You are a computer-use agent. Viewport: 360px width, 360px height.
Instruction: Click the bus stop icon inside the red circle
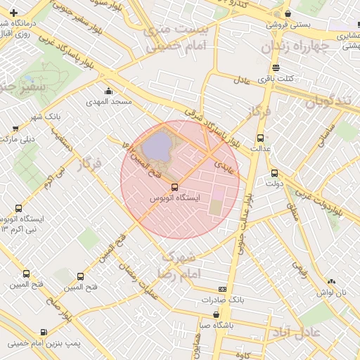174,187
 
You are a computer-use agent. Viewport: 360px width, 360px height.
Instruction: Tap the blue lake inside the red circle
157,146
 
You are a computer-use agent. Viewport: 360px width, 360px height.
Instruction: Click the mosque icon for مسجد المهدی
108,91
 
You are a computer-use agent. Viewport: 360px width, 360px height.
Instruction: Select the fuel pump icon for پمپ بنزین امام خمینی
44,332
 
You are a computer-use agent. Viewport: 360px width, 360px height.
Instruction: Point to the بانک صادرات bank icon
223,288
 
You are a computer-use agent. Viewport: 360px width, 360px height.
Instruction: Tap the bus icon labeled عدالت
261,138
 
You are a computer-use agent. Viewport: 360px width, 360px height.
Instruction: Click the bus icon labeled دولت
274,172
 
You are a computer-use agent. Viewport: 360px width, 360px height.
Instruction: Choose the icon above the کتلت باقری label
275,68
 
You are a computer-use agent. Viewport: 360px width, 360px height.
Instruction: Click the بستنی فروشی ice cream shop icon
288,14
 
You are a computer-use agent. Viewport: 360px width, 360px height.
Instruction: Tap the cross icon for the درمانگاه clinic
13,13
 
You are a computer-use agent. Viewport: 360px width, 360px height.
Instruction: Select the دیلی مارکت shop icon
15,128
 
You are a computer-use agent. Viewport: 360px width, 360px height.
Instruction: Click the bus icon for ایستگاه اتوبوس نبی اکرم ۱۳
18,208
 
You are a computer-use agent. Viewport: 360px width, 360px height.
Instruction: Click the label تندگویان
328,101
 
